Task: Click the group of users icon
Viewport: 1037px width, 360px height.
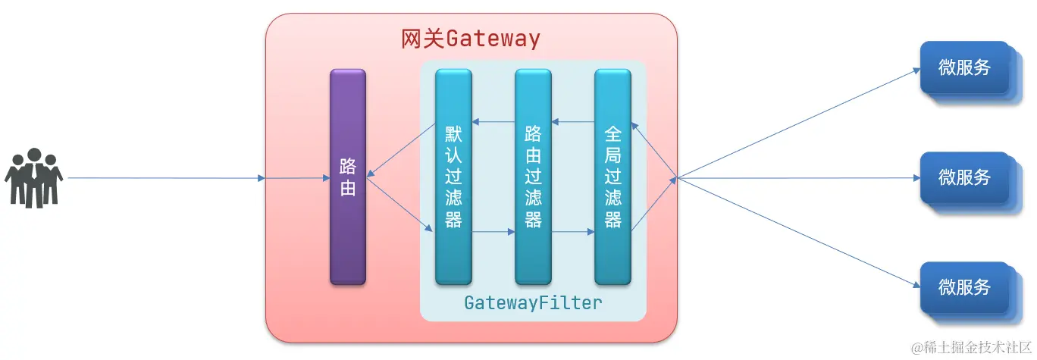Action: click(x=33, y=178)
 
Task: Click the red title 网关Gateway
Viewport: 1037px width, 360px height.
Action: click(x=470, y=39)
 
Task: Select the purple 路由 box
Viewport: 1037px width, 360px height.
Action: click(x=348, y=177)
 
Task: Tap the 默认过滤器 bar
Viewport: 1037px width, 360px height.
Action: click(x=453, y=177)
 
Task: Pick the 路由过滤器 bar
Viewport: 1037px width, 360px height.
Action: click(x=533, y=177)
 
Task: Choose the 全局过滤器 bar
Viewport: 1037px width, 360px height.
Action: click(x=612, y=177)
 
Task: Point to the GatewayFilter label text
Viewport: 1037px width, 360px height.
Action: click(x=533, y=303)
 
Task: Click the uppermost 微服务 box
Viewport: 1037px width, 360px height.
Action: click(x=964, y=68)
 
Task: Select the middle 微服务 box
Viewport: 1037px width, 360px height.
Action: click(x=964, y=178)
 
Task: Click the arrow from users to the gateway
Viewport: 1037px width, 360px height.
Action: click(x=167, y=179)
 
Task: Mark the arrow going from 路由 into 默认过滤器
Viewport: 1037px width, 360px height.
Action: click(x=401, y=204)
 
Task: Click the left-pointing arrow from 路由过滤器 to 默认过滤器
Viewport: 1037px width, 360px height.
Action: click(x=493, y=122)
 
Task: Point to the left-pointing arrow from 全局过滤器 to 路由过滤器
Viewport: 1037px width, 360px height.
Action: click(x=573, y=122)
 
